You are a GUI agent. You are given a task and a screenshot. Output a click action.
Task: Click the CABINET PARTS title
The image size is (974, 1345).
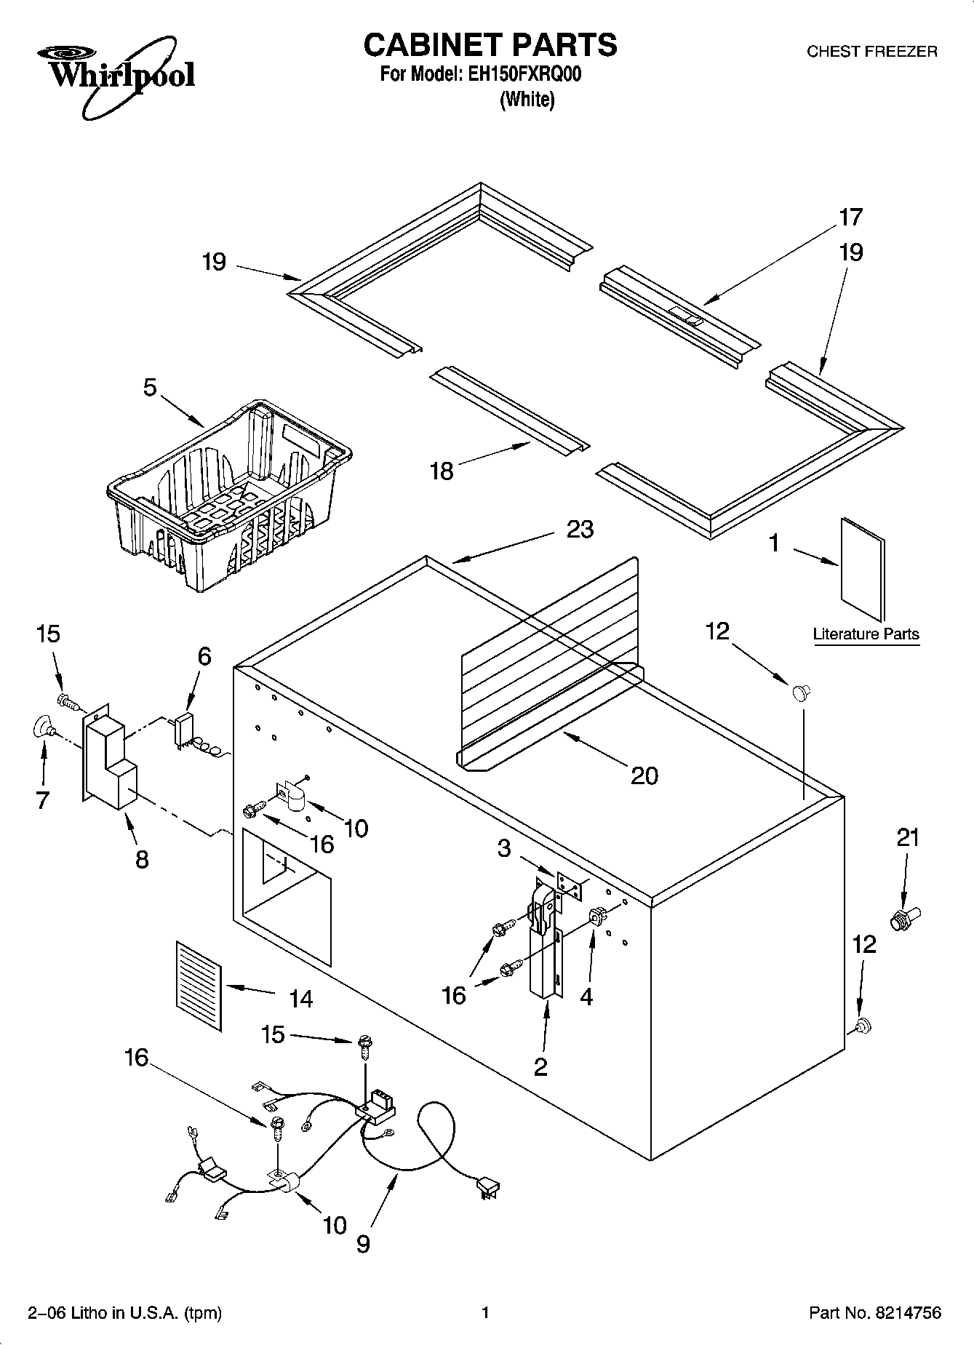click(490, 44)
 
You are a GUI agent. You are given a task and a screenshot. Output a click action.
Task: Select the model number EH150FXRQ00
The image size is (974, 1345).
click(521, 75)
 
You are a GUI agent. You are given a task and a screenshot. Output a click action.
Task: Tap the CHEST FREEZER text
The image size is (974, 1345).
click(872, 52)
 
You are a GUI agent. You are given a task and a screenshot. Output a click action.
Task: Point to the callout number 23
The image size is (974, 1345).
click(580, 529)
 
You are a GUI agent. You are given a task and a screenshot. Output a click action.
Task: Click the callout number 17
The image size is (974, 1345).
click(850, 217)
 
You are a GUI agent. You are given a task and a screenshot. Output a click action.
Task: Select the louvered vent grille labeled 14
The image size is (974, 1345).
click(198, 985)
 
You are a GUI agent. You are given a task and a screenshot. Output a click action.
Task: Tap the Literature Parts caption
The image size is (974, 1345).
click(866, 634)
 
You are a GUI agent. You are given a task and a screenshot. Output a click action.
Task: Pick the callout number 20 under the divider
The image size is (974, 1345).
click(644, 775)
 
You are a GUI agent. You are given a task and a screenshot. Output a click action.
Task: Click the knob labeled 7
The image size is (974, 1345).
click(43, 726)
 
